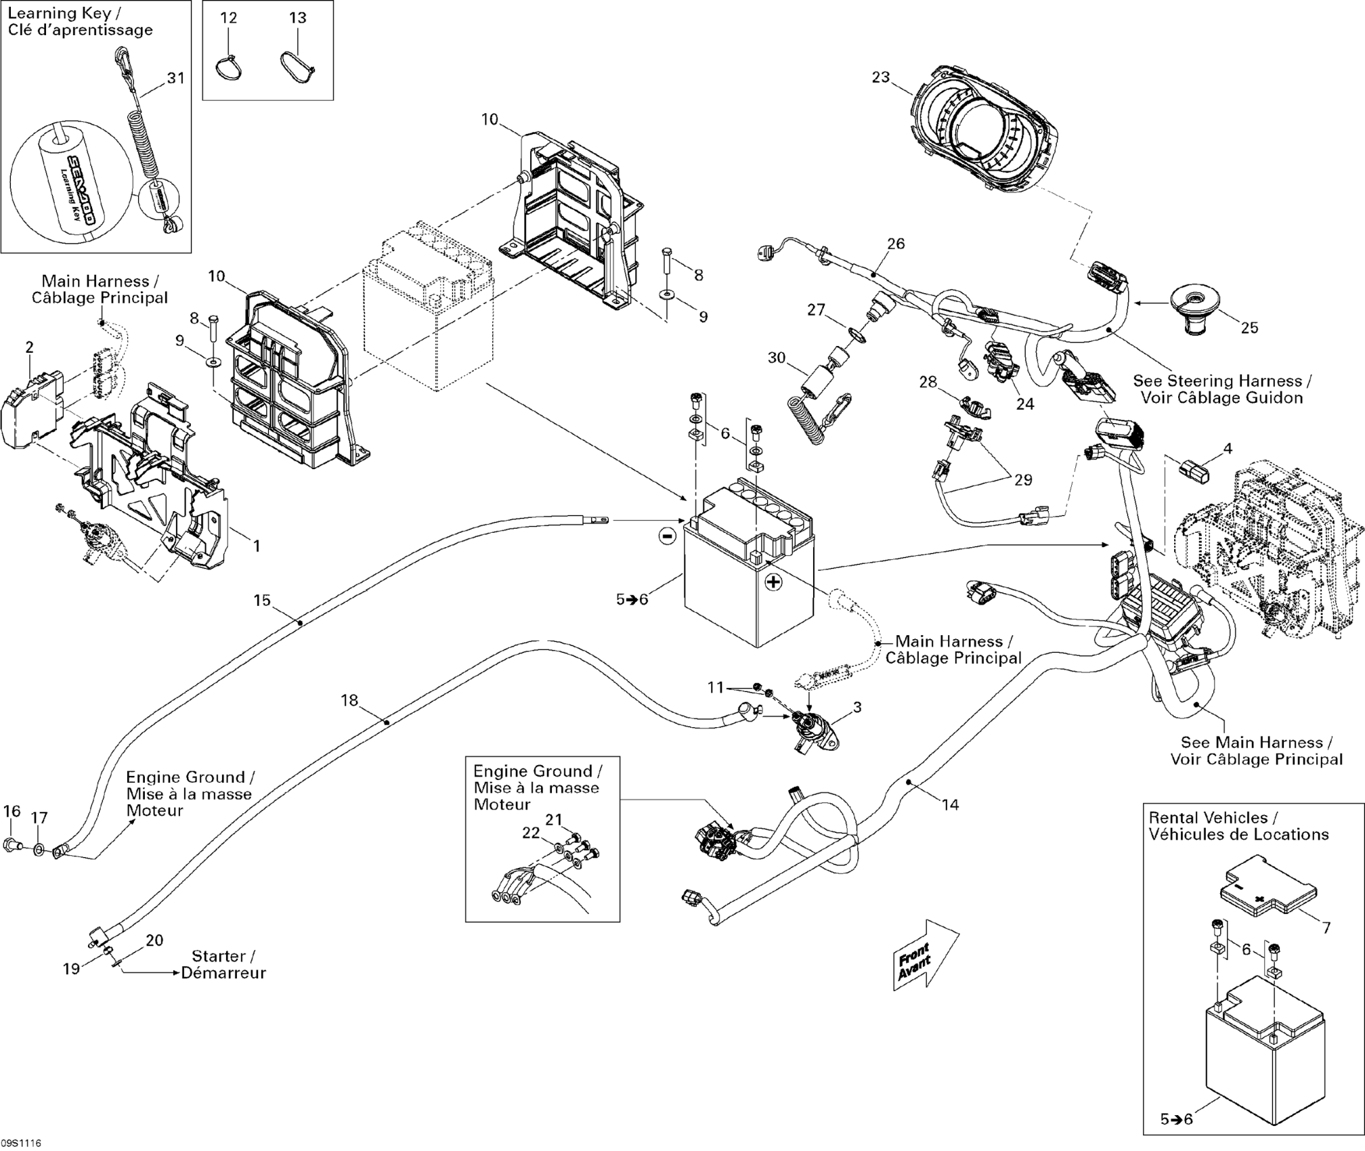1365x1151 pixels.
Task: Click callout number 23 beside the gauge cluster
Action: (880, 78)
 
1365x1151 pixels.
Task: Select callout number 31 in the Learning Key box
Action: (176, 79)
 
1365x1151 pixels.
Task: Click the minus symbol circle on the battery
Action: (667, 536)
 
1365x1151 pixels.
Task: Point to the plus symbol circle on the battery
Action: (774, 582)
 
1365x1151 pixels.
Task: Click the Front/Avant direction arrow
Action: (925, 955)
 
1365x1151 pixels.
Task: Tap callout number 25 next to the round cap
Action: (1249, 328)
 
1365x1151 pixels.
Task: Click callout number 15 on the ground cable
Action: (262, 600)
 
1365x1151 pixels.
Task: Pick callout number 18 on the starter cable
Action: (349, 700)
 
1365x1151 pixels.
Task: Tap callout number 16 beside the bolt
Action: (12, 811)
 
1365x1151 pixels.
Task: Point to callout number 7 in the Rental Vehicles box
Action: (1326, 928)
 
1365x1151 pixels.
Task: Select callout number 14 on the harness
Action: (951, 804)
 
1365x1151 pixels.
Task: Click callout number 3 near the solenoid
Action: (857, 708)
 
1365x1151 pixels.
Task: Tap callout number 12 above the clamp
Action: (229, 18)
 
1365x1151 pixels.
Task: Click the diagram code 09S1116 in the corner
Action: (21, 1143)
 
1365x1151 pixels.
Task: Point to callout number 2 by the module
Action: (29, 347)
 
